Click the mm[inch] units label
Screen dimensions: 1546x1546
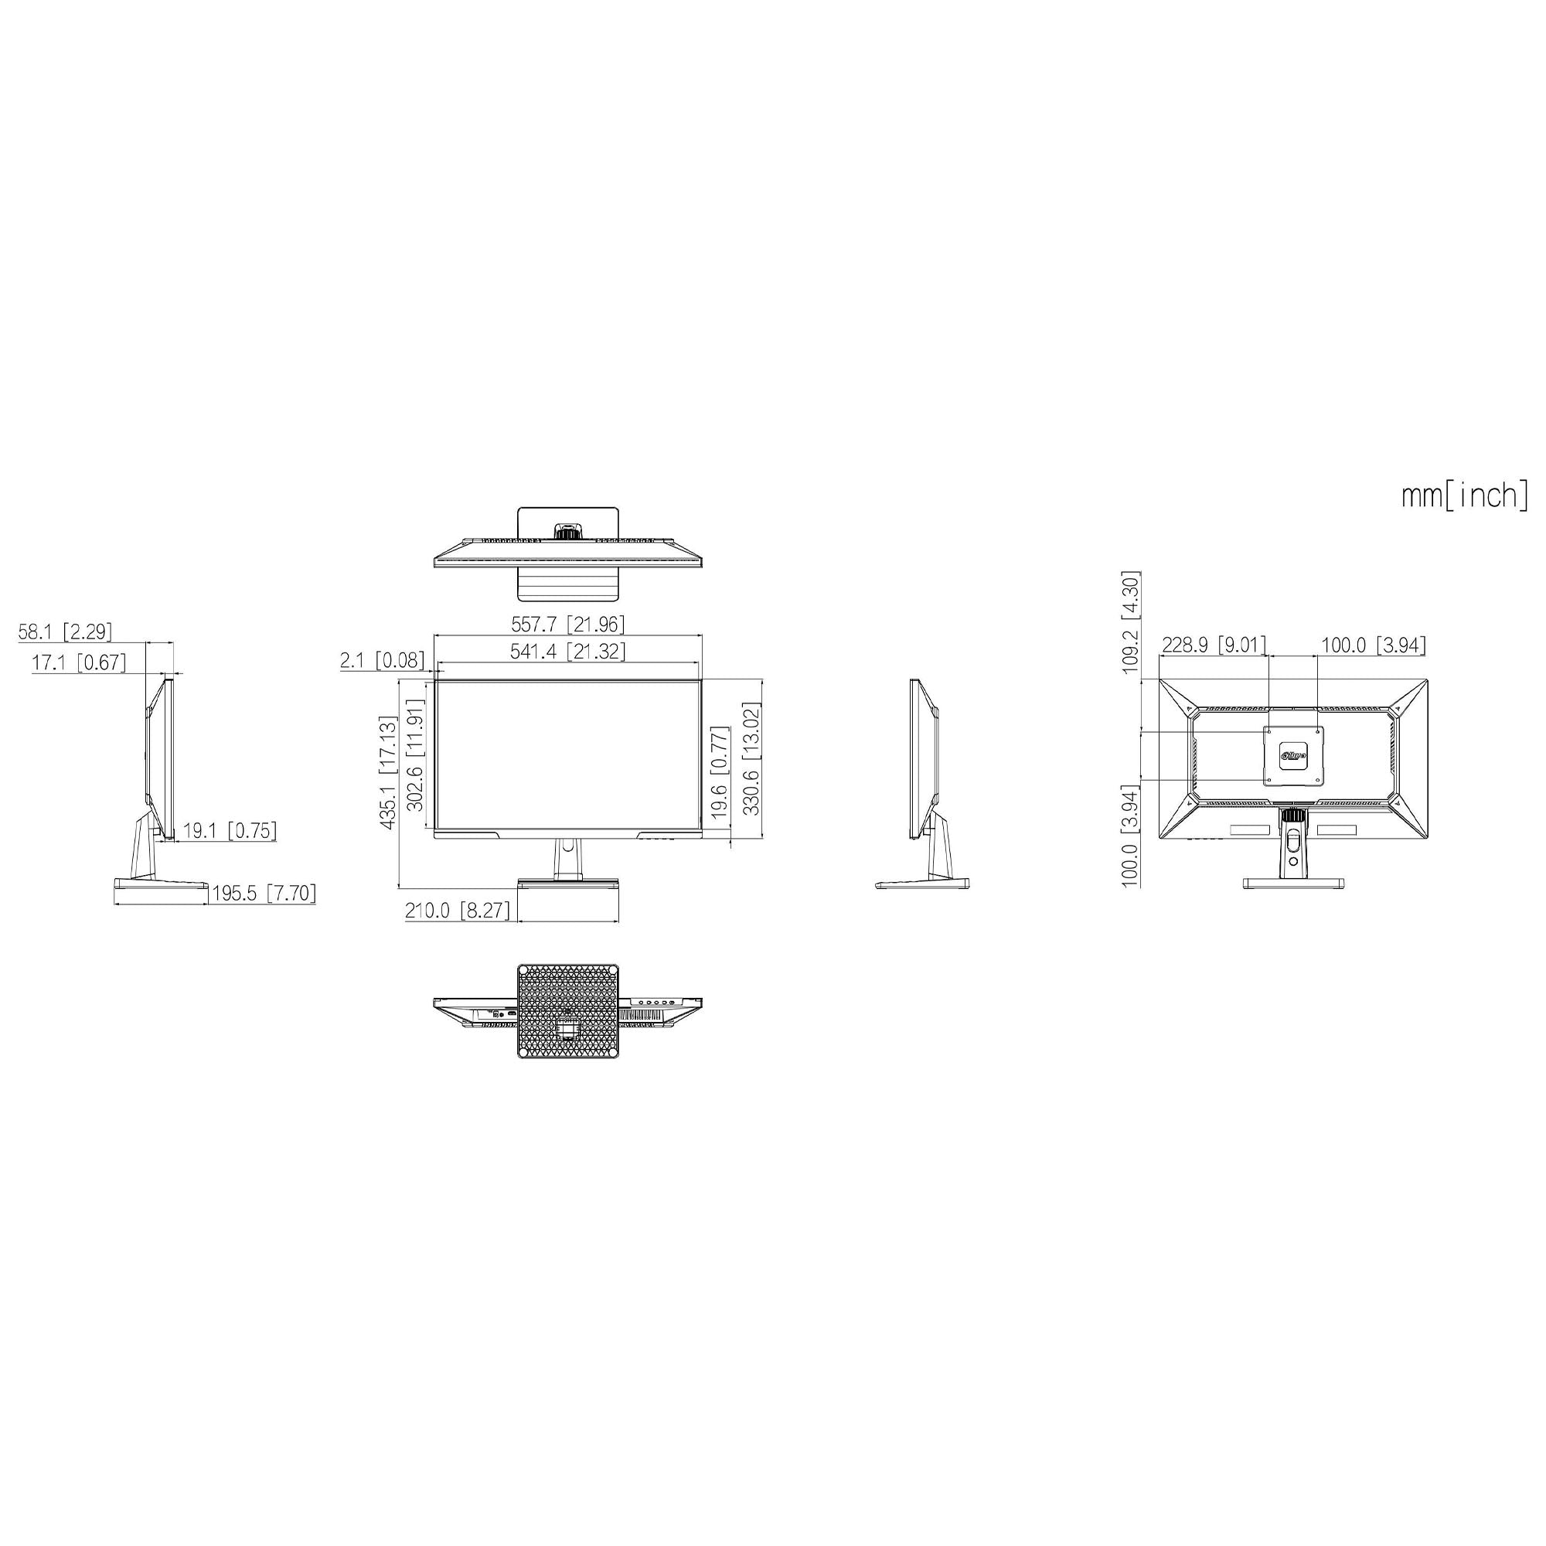[1464, 495]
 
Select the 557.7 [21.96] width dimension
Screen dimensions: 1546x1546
[568, 623]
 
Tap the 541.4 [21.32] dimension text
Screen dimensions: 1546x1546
[568, 652]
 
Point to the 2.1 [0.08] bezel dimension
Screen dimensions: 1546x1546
[382, 660]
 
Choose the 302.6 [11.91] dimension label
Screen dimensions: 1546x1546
[415, 755]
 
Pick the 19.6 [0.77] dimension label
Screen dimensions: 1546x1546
[720, 774]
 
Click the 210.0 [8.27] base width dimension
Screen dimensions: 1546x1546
[457, 911]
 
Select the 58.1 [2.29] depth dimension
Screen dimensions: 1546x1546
[66, 632]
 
